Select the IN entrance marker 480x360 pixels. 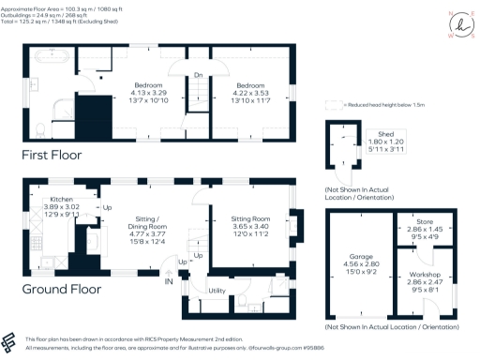click(x=169, y=281)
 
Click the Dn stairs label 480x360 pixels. click(x=198, y=76)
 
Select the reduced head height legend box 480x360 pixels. click(x=331, y=106)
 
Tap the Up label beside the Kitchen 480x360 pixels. click(x=106, y=207)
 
